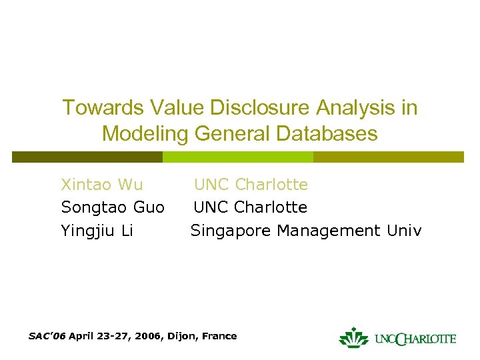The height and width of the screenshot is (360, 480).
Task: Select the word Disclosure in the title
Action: (250, 108)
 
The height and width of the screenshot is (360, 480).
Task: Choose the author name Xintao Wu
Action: (102, 184)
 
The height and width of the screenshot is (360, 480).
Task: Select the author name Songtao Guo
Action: (113, 207)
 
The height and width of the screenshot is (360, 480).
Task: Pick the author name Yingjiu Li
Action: (97, 231)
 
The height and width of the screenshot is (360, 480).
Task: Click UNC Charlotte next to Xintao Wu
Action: (251, 184)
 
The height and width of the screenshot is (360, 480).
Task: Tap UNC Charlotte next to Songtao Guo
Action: (251, 207)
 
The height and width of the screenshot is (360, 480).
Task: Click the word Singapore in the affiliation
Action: (231, 231)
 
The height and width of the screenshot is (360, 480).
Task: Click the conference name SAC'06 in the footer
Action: (47, 336)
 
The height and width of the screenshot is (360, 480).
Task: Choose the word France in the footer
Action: (219, 336)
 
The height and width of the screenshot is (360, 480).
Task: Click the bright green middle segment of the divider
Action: (238, 157)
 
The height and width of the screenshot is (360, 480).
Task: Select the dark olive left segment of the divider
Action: (87, 157)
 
